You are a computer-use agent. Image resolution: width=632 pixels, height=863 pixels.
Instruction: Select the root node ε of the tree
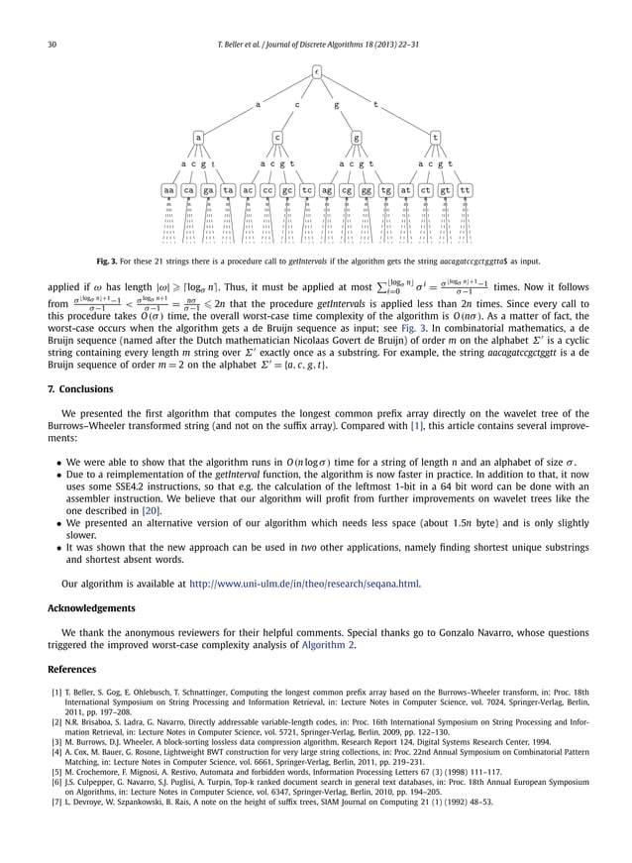click(x=316, y=72)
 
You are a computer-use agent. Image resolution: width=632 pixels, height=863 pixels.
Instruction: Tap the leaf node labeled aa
click(x=170, y=189)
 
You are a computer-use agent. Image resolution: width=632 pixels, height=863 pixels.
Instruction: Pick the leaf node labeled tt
click(x=466, y=189)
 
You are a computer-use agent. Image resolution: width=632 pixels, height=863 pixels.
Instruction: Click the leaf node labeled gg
click(x=367, y=189)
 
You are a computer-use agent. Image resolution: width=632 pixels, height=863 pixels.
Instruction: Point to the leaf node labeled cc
click(x=268, y=189)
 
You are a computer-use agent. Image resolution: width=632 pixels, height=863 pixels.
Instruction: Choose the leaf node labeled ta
click(x=229, y=189)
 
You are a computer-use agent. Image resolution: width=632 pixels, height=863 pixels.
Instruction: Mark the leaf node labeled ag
click(x=328, y=189)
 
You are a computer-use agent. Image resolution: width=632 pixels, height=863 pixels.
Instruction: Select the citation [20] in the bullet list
click(x=152, y=510)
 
